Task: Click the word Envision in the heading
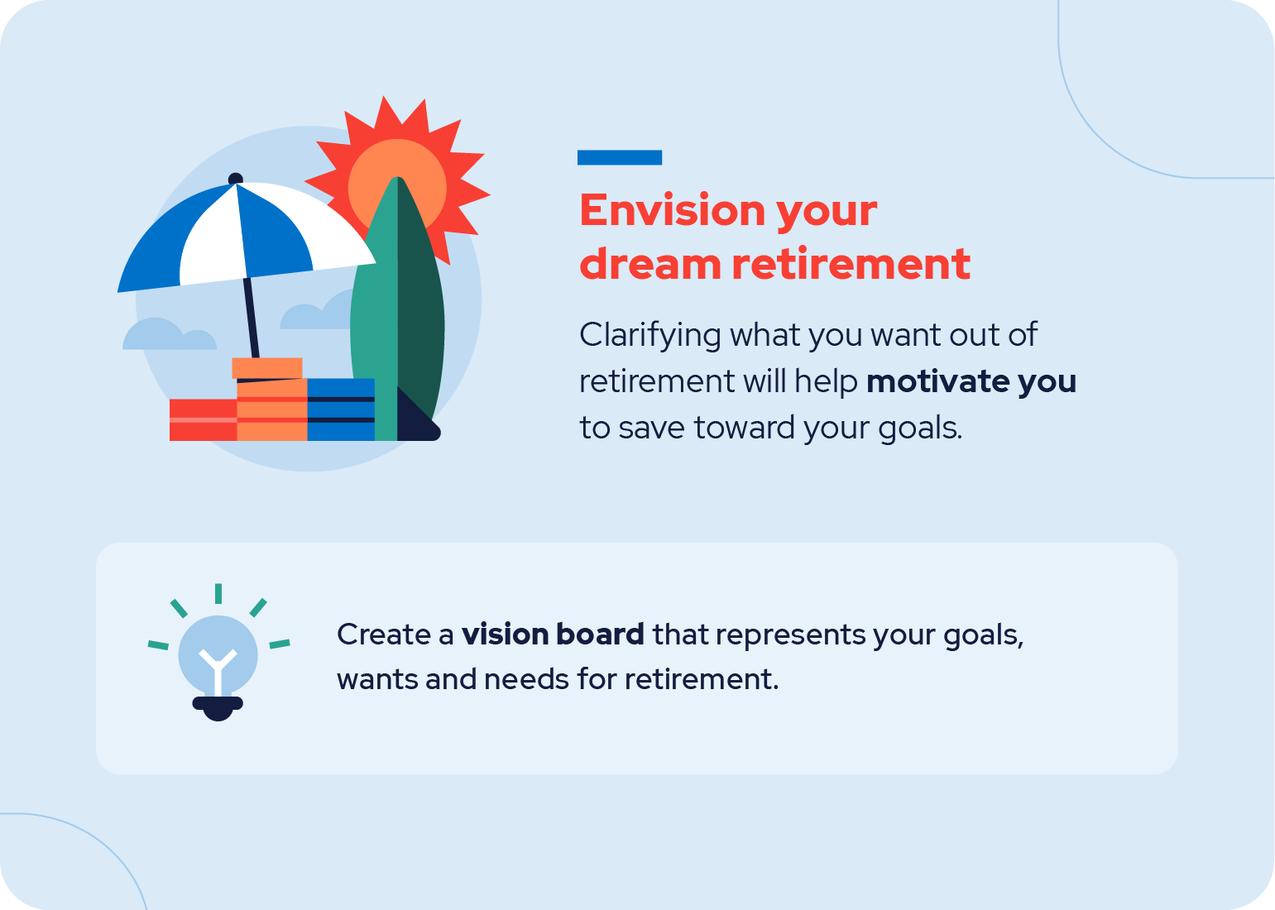pos(672,210)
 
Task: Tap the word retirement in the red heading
pos(851,265)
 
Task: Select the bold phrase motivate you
pos(971,381)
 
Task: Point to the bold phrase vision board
pos(553,634)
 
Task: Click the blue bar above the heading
pos(619,158)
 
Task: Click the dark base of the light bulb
pos(218,708)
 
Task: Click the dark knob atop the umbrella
pos(236,179)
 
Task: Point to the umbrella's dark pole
pos(251,318)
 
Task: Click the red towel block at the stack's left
pos(204,420)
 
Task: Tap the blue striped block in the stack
pos(341,409)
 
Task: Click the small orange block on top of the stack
pos(267,367)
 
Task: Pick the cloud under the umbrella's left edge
pos(170,334)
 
